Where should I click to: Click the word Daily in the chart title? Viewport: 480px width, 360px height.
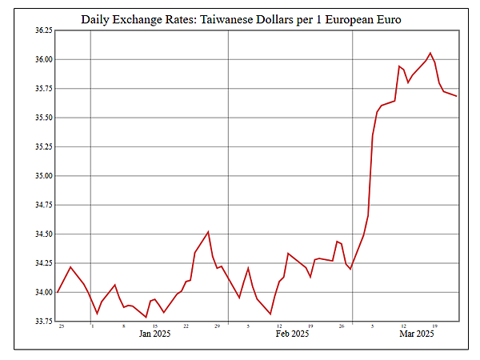100,18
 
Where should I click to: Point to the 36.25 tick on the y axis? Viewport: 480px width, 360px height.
42,30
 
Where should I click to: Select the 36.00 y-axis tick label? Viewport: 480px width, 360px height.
42,60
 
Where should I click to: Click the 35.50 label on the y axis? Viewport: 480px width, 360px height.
42,118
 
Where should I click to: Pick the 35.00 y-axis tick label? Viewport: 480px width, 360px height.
42,176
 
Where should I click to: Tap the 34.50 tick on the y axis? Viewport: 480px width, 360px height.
42,234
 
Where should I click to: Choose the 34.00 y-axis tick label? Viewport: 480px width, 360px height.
42,293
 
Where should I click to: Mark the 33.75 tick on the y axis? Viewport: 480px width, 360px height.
42,322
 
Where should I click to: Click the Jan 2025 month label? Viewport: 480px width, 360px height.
154,334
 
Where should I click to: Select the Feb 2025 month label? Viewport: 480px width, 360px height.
292,334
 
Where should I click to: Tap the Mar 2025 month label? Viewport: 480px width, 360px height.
417,334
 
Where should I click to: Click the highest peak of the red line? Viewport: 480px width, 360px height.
430,53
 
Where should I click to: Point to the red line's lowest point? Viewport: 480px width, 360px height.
146,318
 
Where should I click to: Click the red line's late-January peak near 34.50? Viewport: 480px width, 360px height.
208,232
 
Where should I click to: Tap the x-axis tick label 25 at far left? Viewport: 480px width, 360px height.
62,326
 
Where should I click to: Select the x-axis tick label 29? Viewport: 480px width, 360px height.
217,326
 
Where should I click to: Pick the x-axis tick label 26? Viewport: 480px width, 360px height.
341,326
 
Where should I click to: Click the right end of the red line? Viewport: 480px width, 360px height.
457,96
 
